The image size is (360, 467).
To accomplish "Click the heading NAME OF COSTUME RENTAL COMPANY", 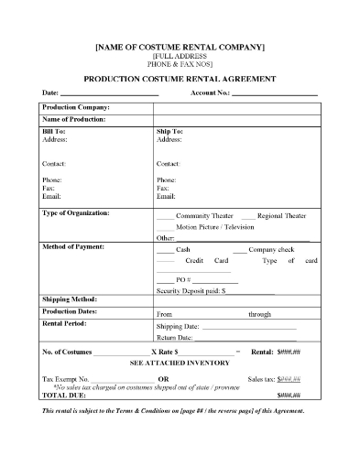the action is pos(180,46).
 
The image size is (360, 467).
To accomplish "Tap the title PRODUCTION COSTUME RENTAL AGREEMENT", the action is pos(180,79).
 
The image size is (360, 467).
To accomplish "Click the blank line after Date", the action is pos(109,94).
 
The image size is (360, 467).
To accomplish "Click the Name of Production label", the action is pos(74,120).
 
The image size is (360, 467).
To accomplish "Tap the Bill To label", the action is pos(54,132).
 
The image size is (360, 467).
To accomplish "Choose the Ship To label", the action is pos(169,132).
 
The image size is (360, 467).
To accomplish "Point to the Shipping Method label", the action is pos(70,300).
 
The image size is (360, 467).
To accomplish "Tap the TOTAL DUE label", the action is pos(63,394).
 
